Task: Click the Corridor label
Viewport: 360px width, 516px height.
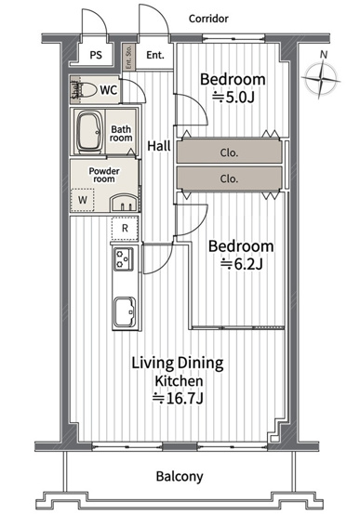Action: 208,19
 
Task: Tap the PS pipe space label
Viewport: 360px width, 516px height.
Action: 96,55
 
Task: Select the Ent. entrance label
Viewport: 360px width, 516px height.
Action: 155,55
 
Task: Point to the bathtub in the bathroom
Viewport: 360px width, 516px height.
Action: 89,132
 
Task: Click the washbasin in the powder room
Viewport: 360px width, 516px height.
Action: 124,204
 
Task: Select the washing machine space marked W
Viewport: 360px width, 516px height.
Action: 83,200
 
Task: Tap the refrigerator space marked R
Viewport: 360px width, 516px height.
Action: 125,228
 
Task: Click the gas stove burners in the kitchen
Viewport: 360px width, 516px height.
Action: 124,258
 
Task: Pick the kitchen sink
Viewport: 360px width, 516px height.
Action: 125,312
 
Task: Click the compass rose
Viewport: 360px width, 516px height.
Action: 321,79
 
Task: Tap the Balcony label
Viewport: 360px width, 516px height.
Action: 180,477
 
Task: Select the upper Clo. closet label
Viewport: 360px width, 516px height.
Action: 229,152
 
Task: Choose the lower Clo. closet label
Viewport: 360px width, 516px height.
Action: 229,179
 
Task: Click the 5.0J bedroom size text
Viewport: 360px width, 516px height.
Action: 233,98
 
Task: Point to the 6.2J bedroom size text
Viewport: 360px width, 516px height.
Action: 242,264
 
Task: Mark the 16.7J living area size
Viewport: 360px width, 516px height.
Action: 178,399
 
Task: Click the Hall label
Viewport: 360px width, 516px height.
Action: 159,146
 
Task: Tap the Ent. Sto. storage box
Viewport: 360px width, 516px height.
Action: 128,57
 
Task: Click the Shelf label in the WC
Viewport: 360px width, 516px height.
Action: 75,90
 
